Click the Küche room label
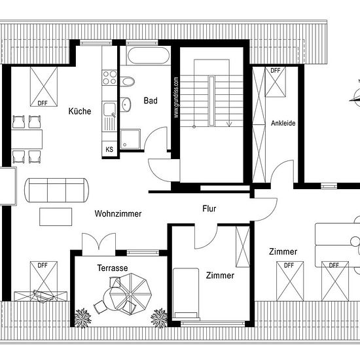click(x=80, y=111)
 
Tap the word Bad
click(x=151, y=101)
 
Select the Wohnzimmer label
click(x=118, y=213)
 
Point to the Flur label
click(x=209, y=208)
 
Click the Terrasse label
click(x=113, y=268)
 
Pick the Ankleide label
click(x=283, y=123)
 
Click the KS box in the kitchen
click(x=109, y=149)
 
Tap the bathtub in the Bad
click(x=149, y=56)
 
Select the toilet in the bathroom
click(x=127, y=82)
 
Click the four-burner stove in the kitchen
click(x=109, y=78)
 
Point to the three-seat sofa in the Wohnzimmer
click(x=57, y=190)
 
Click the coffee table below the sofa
click(x=56, y=217)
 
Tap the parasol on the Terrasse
click(x=130, y=294)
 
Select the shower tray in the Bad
click(x=130, y=139)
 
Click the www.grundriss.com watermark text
click(x=176, y=98)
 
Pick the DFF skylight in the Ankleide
click(x=276, y=82)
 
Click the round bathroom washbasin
click(x=126, y=105)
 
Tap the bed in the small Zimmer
click(x=186, y=294)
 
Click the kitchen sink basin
click(x=109, y=109)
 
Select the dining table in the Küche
click(x=27, y=139)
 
